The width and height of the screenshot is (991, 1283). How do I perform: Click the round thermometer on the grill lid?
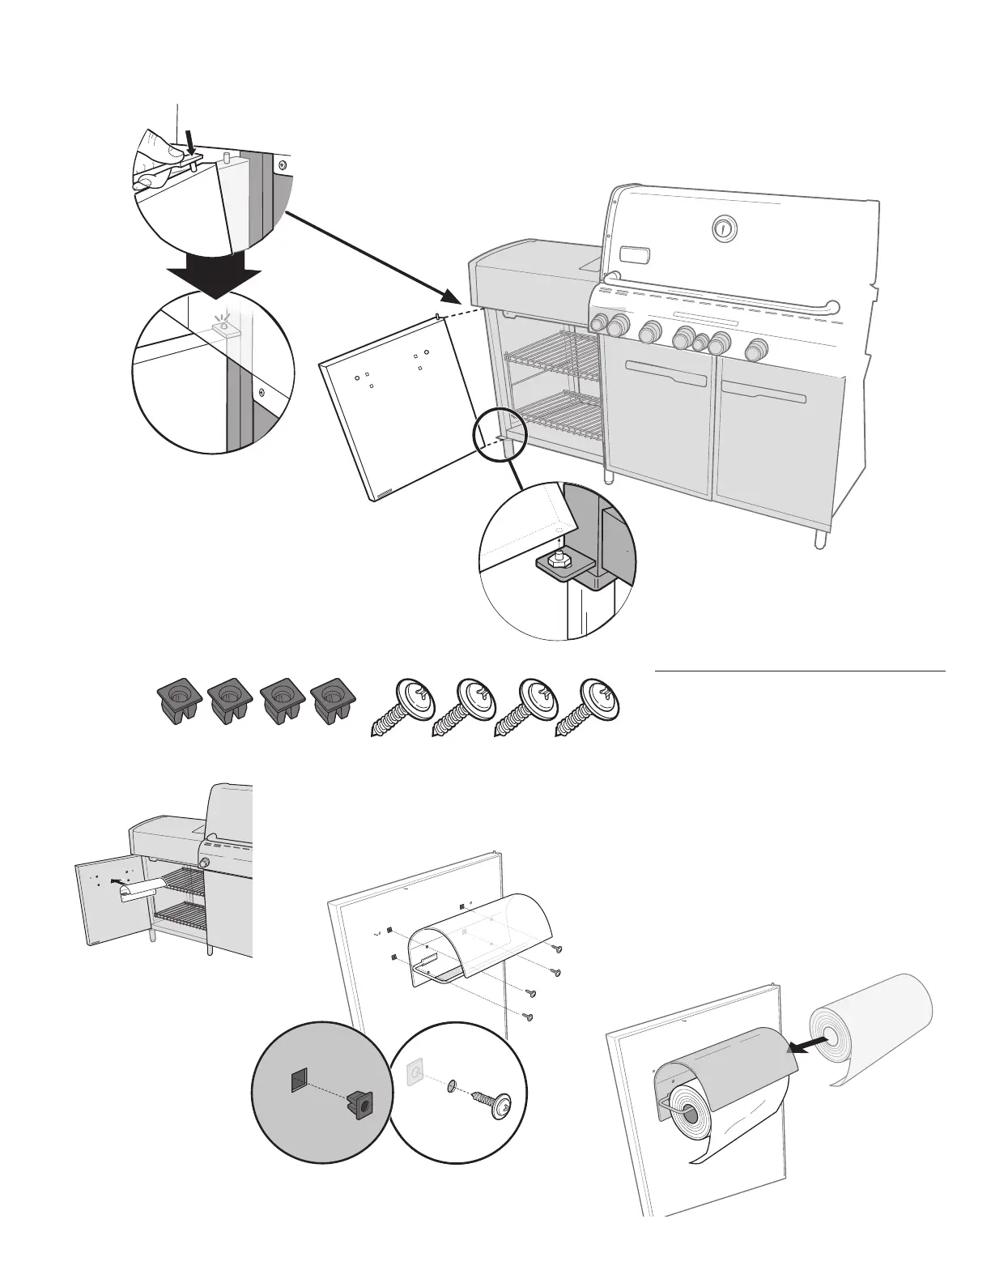(723, 229)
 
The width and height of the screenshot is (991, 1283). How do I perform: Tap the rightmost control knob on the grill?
(757, 349)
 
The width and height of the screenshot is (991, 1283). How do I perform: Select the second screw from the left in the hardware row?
(464, 706)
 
